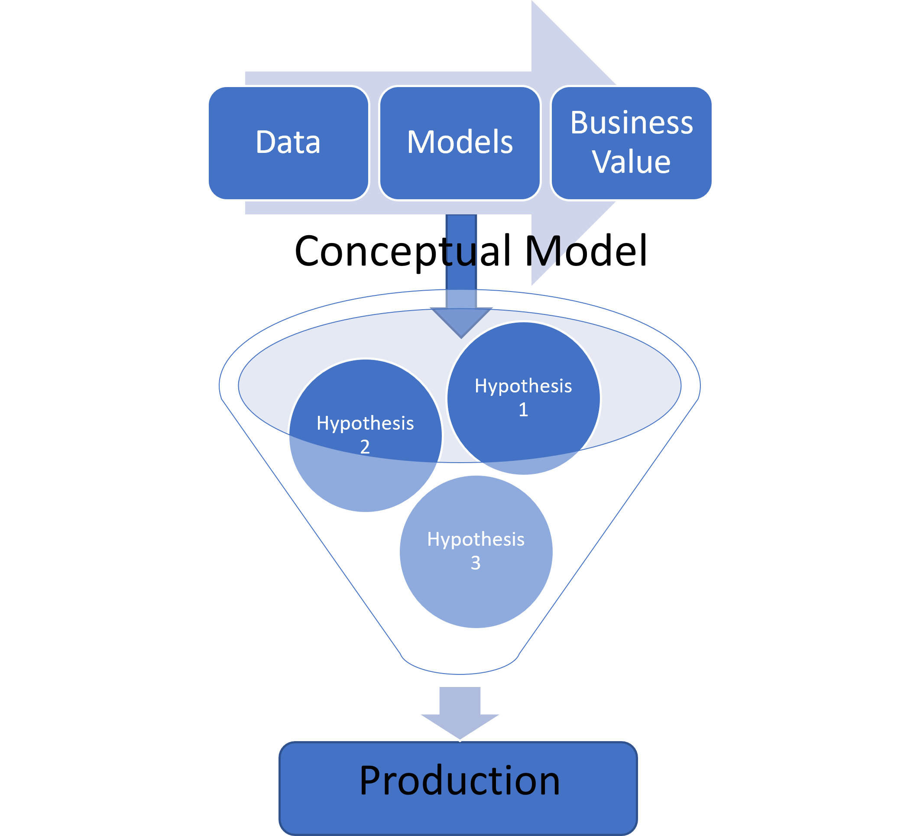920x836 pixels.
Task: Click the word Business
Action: pos(632,123)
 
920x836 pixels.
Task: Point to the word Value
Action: pos(632,162)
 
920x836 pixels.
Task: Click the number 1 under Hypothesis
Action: pos(523,410)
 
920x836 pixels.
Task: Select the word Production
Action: pos(459,781)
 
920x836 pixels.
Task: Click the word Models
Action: pos(460,142)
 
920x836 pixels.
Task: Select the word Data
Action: pos(288,142)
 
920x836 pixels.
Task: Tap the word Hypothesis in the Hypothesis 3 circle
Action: pos(476,539)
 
